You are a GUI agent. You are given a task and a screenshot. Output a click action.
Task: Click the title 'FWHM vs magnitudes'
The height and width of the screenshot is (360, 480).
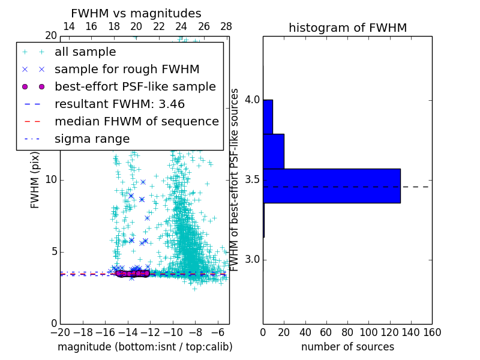tap(136, 13)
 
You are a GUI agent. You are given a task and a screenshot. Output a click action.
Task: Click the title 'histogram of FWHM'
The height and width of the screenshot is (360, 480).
tap(347, 28)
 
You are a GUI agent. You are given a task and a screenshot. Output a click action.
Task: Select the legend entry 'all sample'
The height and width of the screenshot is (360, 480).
tap(85, 52)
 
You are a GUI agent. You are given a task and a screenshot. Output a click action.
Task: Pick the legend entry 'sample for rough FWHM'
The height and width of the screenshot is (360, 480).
tap(127, 70)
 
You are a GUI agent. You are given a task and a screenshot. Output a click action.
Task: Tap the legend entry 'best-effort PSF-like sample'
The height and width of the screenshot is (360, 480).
tap(135, 87)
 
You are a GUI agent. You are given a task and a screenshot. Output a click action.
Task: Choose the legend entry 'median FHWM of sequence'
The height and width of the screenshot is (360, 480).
tap(136, 122)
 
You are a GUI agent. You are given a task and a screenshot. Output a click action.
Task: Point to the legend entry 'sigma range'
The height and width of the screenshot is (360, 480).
tap(92, 139)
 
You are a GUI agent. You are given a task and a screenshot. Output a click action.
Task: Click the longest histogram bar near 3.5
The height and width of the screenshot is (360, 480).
tap(331, 186)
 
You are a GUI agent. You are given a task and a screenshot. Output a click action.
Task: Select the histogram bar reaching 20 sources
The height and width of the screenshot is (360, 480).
tap(274, 151)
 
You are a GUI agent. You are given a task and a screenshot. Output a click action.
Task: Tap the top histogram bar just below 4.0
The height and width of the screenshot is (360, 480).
tap(268, 116)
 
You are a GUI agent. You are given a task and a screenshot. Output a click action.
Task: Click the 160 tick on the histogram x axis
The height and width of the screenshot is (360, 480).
tap(432, 332)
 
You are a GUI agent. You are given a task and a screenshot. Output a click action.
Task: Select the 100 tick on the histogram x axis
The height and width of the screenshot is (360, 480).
tap(368, 332)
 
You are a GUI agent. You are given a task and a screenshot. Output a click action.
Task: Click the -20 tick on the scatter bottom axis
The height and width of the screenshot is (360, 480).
tap(59, 332)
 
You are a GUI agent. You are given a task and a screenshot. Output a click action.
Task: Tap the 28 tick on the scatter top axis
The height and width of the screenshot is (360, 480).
tap(226, 26)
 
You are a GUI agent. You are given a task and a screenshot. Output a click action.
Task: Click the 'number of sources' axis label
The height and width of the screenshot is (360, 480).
tap(347, 347)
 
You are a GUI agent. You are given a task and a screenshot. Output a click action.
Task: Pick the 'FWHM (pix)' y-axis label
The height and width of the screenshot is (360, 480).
tap(35, 181)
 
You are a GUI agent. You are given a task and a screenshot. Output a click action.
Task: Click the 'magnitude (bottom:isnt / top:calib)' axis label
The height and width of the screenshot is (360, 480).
tap(145, 347)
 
